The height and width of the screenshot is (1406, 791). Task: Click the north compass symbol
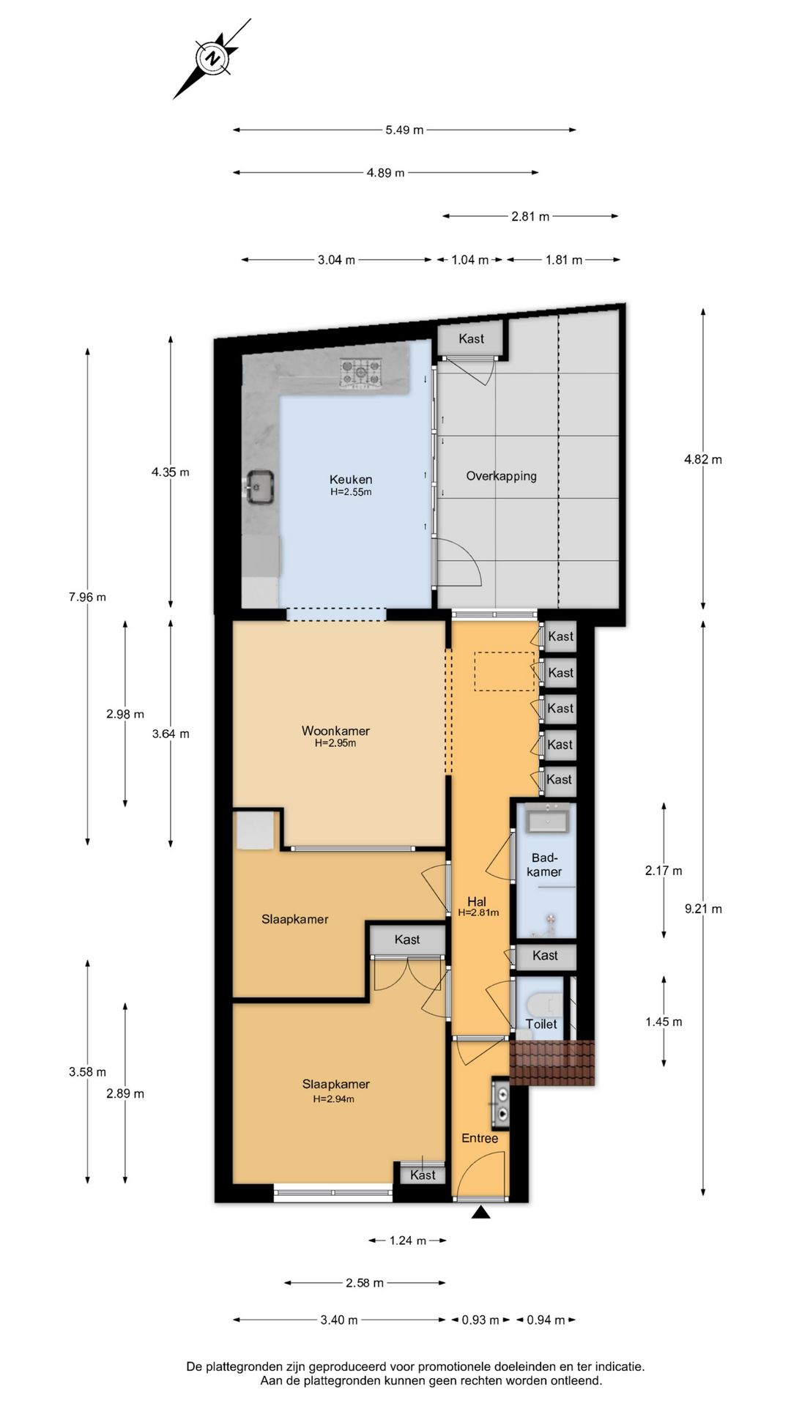tap(212, 59)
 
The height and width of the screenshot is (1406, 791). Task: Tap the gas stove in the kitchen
tap(360, 372)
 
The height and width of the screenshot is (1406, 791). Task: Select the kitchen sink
tap(260, 486)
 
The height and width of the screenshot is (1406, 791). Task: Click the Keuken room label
tap(351, 480)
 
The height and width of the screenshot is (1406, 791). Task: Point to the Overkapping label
tap(501, 476)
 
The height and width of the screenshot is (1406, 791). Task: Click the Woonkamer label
tap(335, 731)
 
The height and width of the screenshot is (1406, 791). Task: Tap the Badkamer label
tap(544, 865)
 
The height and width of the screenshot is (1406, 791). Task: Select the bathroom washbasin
tap(549, 817)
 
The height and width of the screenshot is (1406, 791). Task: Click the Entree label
tap(480, 1138)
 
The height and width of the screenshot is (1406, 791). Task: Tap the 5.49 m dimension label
tap(404, 130)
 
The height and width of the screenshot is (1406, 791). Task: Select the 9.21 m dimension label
tap(703, 909)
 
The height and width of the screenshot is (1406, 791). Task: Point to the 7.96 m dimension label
tap(87, 597)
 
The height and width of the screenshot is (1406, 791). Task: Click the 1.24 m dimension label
tap(408, 1241)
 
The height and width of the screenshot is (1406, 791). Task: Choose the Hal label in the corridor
tap(477, 902)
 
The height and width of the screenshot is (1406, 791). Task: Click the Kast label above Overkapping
tap(472, 338)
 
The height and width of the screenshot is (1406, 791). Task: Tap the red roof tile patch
tap(552, 1063)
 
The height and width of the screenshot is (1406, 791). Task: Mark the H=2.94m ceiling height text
tap(334, 1099)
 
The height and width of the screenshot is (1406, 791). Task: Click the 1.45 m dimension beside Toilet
tap(664, 1022)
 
